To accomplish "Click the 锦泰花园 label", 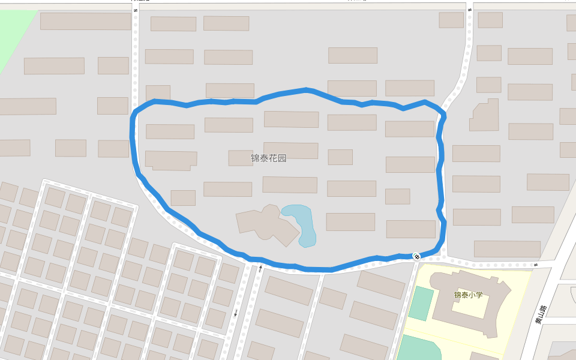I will click(268, 158).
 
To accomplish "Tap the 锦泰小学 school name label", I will click(468, 295).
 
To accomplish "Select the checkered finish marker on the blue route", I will click(416, 256).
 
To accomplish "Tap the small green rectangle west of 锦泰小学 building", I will click(421, 304).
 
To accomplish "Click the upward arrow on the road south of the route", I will click(260, 268).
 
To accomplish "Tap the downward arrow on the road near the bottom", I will click(236, 313).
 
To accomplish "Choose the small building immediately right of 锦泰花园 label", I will click(340, 157).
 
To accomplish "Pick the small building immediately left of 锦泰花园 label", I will click(241, 158).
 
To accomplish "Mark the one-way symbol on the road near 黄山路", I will click(535, 265).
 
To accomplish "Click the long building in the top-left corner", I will click(86, 21).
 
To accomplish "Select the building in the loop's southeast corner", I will click(410, 229).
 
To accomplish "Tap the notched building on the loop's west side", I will click(171, 160).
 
